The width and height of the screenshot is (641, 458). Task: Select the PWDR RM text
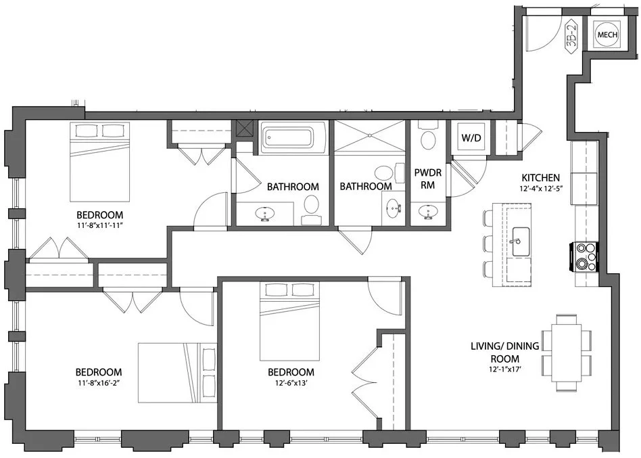427,179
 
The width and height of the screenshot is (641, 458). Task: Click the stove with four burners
586,257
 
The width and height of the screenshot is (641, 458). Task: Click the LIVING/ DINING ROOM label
504,352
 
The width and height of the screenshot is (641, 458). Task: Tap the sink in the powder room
427,214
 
